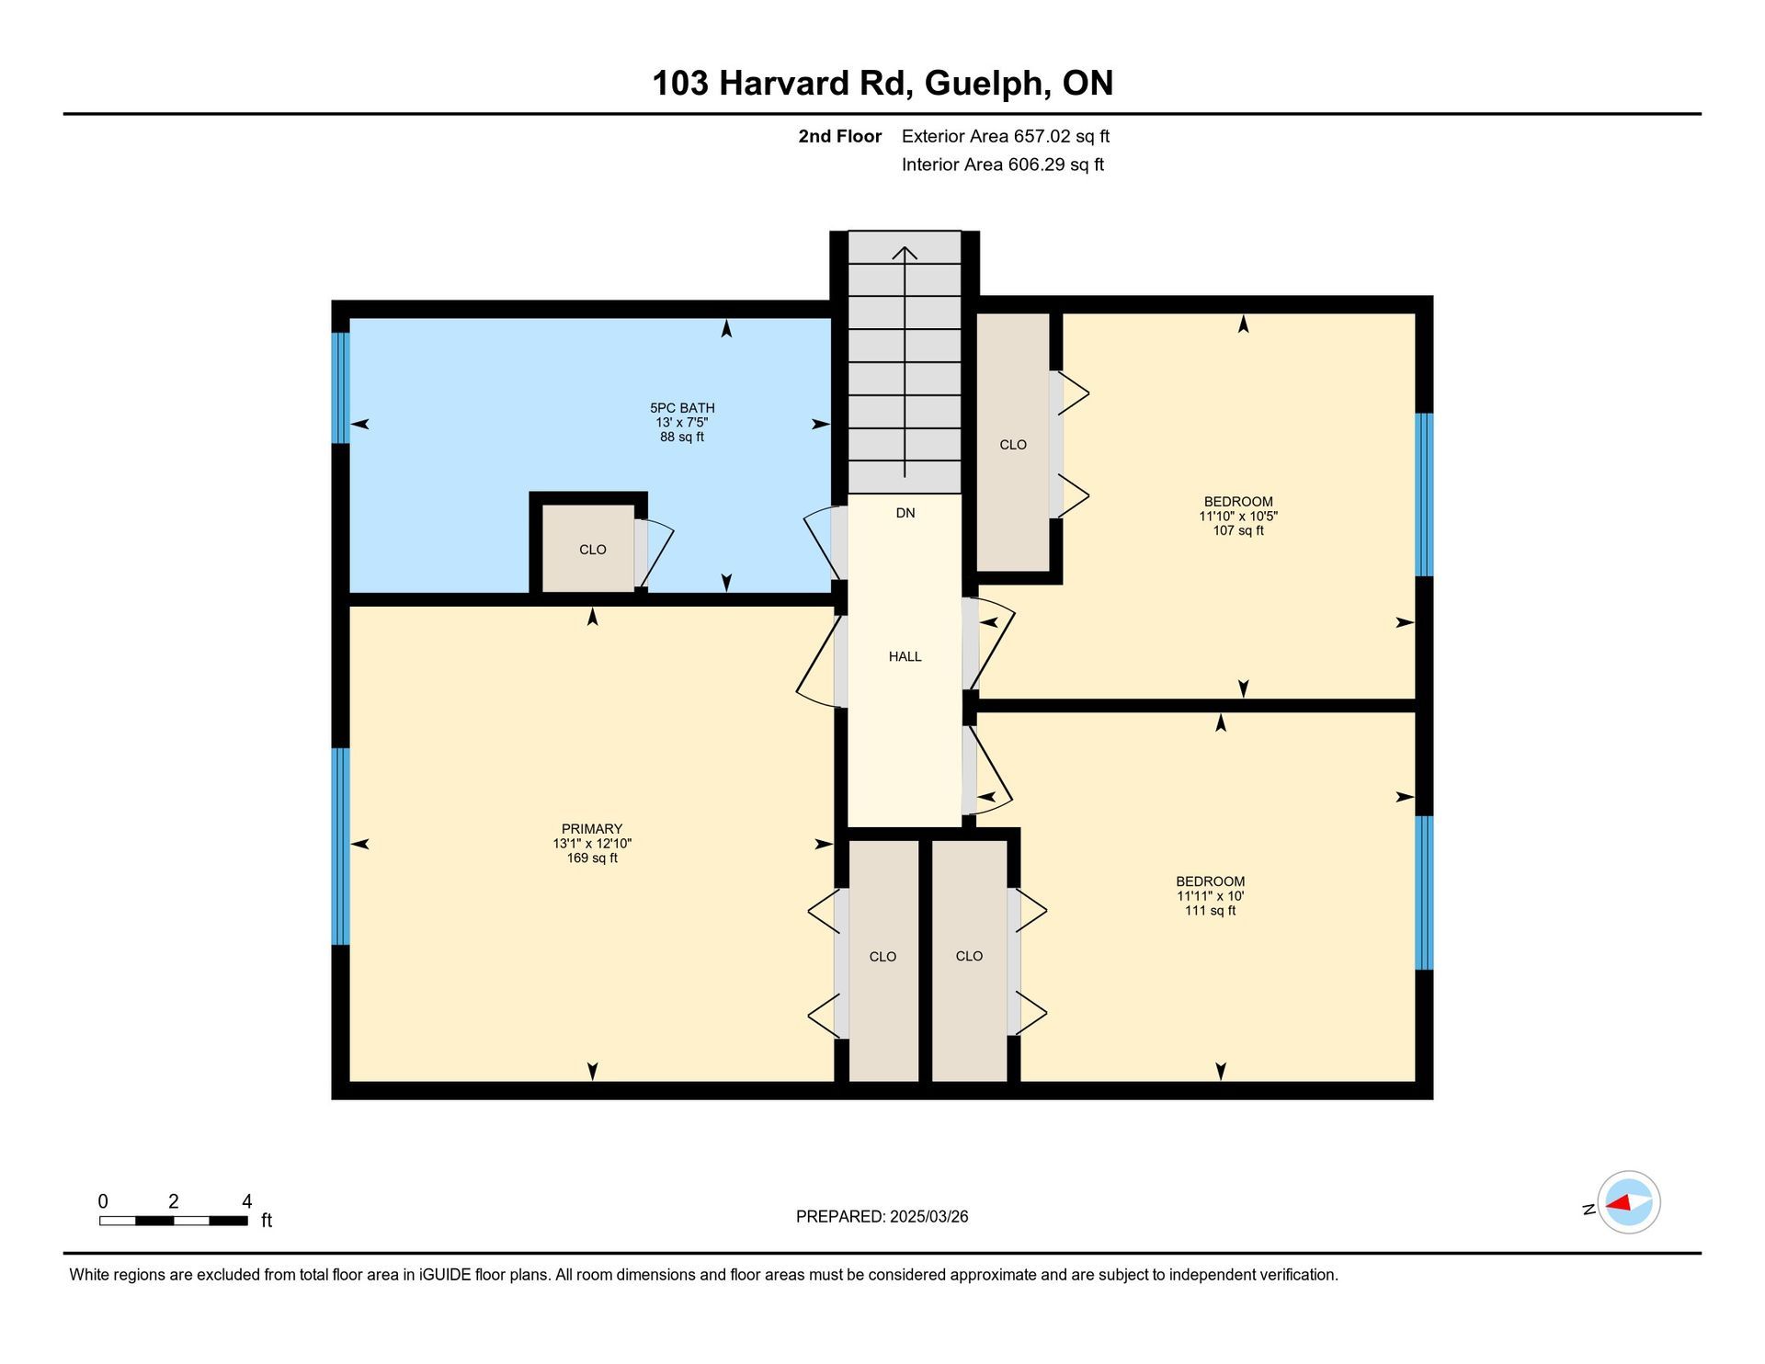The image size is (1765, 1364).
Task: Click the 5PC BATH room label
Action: point(682,408)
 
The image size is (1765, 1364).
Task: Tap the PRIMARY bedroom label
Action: point(592,829)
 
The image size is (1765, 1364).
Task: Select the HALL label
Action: point(905,656)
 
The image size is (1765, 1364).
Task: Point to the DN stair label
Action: point(905,513)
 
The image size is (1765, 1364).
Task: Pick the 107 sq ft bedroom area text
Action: point(1238,531)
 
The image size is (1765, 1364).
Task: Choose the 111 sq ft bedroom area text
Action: point(1210,911)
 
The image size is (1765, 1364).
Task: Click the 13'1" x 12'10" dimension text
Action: point(592,844)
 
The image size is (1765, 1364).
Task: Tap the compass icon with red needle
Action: point(1628,1202)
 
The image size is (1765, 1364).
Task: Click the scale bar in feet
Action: point(174,1221)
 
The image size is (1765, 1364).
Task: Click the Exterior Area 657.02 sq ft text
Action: point(1006,137)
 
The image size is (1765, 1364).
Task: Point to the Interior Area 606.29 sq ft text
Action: point(1003,165)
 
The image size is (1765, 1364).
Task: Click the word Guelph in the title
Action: point(988,84)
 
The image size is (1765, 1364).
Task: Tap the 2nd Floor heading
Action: point(839,137)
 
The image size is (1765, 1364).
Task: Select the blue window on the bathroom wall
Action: point(340,388)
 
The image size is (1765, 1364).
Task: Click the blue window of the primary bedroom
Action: point(340,847)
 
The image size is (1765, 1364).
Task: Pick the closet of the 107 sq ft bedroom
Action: point(1013,443)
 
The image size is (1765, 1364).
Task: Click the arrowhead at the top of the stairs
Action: point(905,253)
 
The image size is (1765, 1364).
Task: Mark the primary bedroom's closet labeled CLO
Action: point(883,960)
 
